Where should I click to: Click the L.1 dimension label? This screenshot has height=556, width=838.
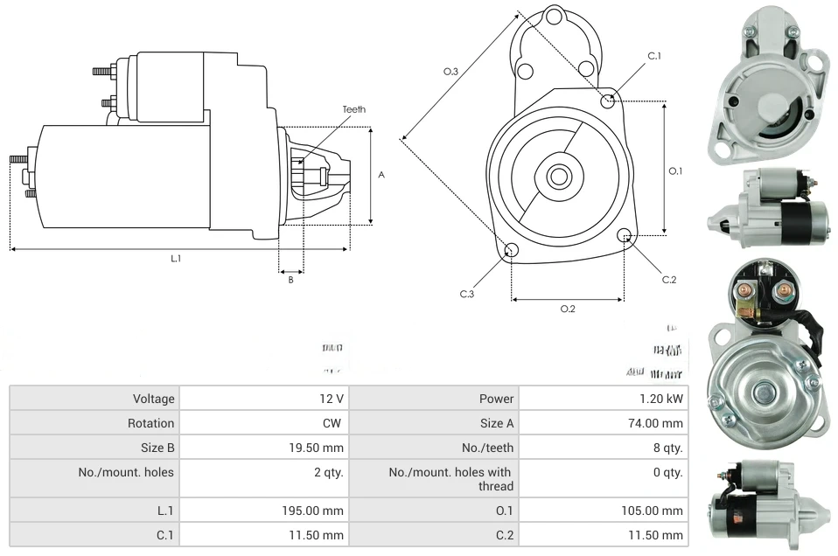coord(176,259)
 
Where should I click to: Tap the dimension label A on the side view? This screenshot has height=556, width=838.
coord(381,175)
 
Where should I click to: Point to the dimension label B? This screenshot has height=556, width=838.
coord(291,280)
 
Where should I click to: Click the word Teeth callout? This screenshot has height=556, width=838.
coord(354,109)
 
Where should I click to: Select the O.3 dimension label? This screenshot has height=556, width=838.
coord(451,71)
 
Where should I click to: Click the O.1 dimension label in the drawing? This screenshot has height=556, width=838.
coord(675,171)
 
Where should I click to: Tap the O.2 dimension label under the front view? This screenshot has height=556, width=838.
coord(568,309)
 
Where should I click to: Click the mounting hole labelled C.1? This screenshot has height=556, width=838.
coord(609,101)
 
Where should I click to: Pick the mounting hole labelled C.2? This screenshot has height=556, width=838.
coord(625,235)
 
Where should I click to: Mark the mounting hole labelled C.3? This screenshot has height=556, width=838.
coord(512,252)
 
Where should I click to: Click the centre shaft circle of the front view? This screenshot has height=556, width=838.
coord(557,177)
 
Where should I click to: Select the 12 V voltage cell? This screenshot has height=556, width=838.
coord(332,399)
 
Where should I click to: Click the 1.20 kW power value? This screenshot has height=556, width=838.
coord(662,399)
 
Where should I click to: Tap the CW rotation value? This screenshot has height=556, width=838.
coord(334,423)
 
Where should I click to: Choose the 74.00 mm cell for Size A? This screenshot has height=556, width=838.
coord(660,423)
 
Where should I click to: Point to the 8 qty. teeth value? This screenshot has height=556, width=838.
coord(669,448)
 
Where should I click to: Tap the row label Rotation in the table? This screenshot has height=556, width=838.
coord(150,423)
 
